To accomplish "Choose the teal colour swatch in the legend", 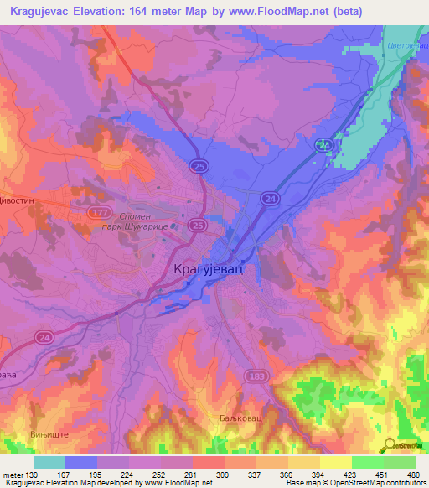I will coord(49,462).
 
